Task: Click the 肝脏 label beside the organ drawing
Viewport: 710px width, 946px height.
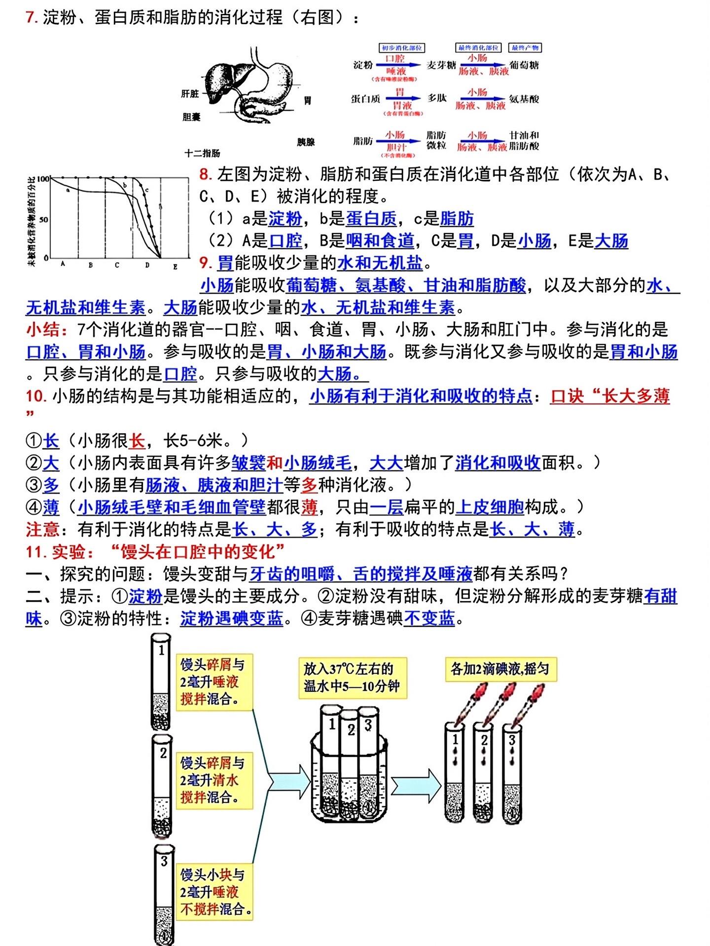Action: (x=190, y=94)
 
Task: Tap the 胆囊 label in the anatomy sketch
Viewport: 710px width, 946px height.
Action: (x=191, y=117)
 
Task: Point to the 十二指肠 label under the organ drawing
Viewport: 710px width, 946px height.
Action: (x=202, y=153)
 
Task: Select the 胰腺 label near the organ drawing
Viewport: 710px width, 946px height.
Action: (x=306, y=142)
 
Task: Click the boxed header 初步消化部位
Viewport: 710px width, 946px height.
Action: (x=402, y=48)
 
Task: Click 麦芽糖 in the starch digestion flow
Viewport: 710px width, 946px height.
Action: (x=441, y=66)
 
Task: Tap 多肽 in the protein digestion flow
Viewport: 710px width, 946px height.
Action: (x=437, y=98)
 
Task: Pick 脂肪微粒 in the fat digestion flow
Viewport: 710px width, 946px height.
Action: (x=436, y=140)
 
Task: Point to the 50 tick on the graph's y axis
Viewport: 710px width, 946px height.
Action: (x=43, y=219)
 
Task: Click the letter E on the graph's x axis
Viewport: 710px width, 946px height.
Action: (x=175, y=267)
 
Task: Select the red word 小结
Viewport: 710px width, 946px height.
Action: (x=42, y=330)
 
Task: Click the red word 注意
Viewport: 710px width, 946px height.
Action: (x=42, y=530)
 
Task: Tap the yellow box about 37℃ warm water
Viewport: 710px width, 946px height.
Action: (x=352, y=677)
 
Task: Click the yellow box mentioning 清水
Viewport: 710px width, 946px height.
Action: (x=214, y=780)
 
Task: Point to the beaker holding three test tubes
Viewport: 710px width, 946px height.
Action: (x=349, y=788)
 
